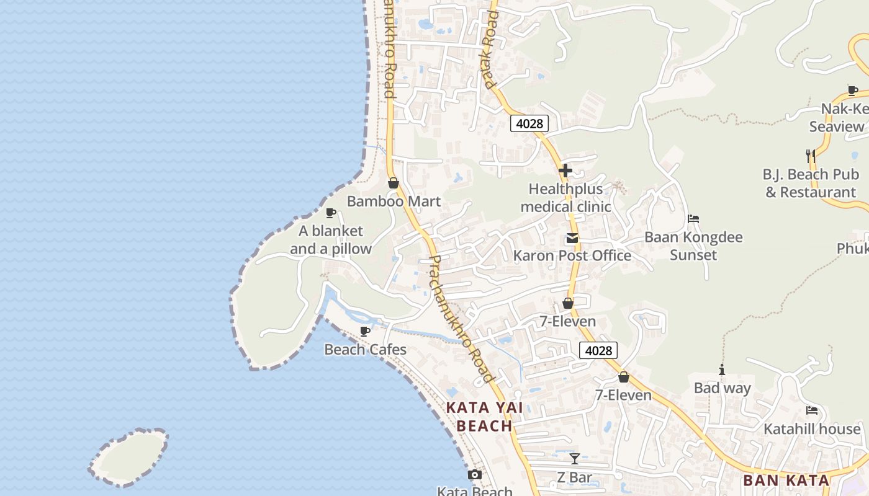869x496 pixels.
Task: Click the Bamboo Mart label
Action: coord(394,201)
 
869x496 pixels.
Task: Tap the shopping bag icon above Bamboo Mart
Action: coord(393,183)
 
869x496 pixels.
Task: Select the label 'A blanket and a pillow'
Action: coord(331,240)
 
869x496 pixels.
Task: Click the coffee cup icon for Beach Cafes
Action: coord(365,331)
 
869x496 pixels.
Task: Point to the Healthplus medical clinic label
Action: coord(565,198)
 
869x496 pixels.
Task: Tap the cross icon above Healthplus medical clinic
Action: coord(565,170)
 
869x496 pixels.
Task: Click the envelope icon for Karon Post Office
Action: coord(572,238)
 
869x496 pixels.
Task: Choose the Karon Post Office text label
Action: coord(572,255)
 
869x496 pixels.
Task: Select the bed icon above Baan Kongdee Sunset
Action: coord(693,219)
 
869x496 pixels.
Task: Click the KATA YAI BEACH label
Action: coord(484,417)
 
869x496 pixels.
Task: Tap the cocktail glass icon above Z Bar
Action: coord(575,459)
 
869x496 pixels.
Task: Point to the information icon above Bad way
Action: coord(721,370)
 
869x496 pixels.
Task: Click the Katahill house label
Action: coord(812,429)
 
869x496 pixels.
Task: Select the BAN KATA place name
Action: coord(786,480)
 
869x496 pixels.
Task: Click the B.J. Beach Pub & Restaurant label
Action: coord(811,183)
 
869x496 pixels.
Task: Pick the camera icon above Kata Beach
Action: coord(475,475)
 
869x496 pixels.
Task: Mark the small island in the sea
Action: coord(129,457)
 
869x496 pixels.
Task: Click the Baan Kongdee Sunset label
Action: coord(693,246)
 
